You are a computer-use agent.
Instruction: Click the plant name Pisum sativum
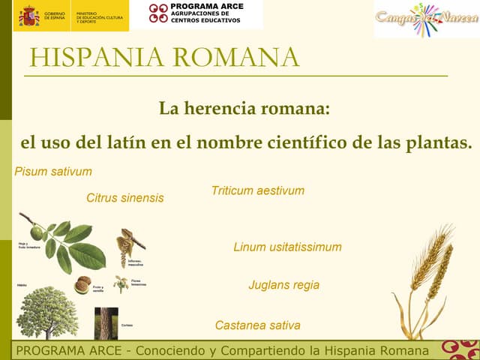click(53, 172)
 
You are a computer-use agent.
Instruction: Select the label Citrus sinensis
click(124, 199)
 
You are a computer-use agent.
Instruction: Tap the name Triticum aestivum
click(258, 190)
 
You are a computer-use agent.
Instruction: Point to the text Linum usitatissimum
click(287, 247)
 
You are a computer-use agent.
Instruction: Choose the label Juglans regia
click(283, 285)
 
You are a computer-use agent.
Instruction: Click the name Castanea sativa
click(257, 325)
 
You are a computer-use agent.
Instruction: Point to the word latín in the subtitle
click(127, 142)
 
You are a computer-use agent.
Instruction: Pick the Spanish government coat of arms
click(29, 15)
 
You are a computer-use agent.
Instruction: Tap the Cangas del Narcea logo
click(425, 18)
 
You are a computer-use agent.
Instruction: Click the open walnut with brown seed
click(82, 285)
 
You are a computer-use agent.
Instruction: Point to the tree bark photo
click(106, 323)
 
